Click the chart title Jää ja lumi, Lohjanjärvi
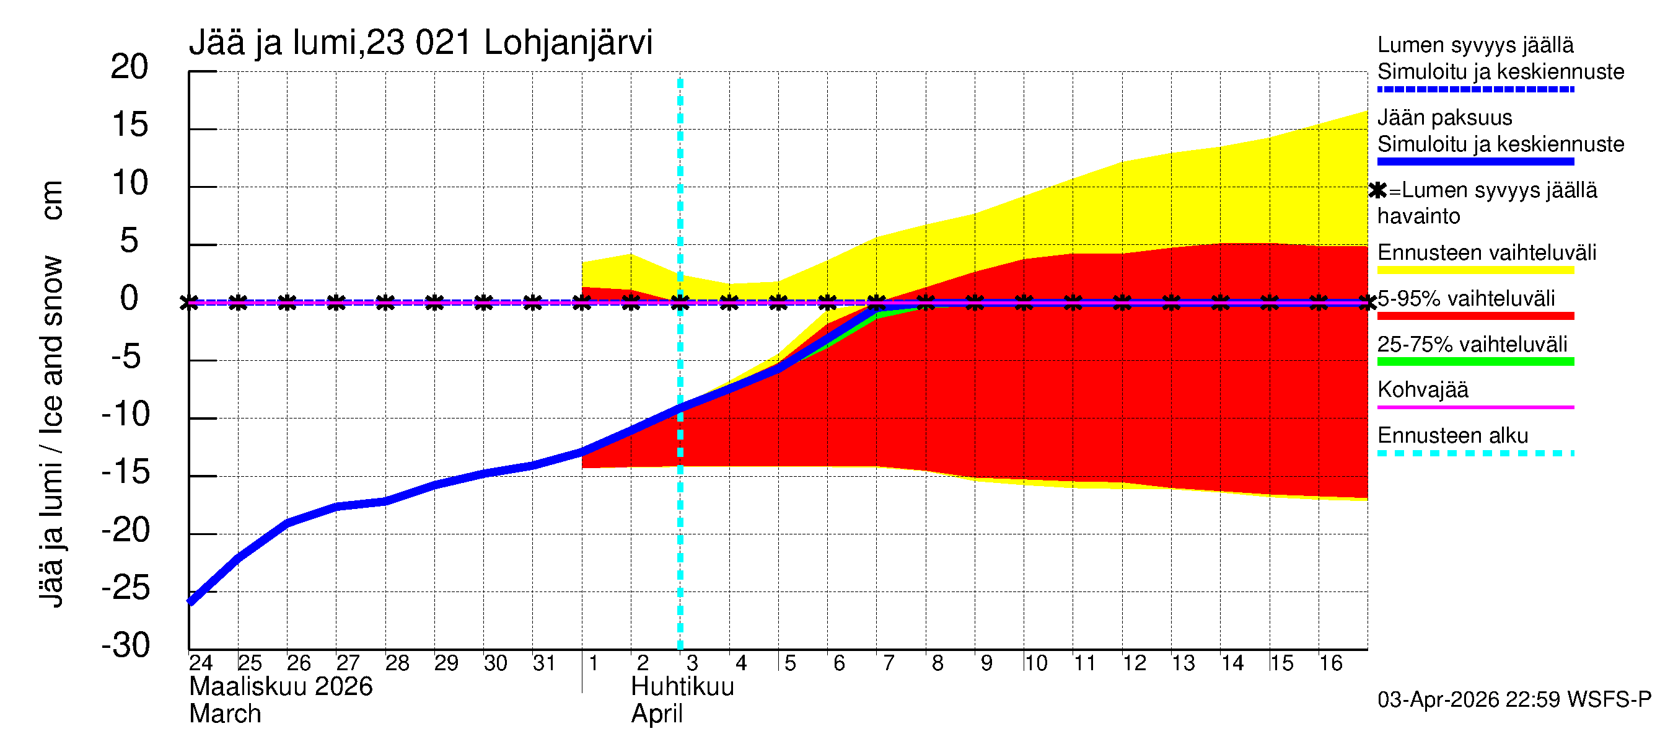pyautogui.click(x=420, y=43)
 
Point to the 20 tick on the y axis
pyautogui.click(x=130, y=67)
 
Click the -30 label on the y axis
pyautogui.click(x=126, y=645)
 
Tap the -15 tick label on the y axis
pyautogui.click(x=126, y=472)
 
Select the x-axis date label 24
pyautogui.click(x=201, y=663)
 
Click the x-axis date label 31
pyautogui.click(x=544, y=663)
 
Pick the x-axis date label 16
pyautogui.click(x=1330, y=663)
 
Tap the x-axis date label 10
pyautogui.click(x=1035, y=663)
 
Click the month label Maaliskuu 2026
pyautogui.click(x=281, y=687)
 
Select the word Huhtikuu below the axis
pyautogui.click(x=682, y=687)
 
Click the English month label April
pyautogui.click(x=657, y=714)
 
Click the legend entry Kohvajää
pyautogui.click(x=1422, y=390)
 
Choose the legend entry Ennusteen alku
pyautogui.click(x=1452, y=435)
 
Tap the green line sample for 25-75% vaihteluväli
pyautogui.click(x=1475, y=362)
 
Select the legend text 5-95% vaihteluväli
pyautogui.click(x=1466, y=299)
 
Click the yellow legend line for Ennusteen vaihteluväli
pyautogui.click(x=1475, y=270)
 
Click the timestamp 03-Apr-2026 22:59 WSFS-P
pyautogui.click(x=1514, y=700)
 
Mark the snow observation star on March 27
pyautogui.click(x=336, y=302)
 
